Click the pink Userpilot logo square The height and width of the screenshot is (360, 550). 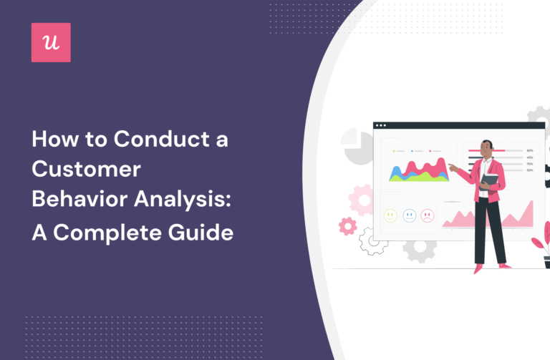[x=51, y=42]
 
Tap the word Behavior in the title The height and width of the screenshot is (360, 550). [x=77, y=201]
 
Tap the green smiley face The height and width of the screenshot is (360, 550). [x=390, y=215]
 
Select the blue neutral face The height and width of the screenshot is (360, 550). [x=409, y=215]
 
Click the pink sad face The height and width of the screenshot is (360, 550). [x=428, y=215]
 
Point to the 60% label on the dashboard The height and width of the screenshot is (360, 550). [x=529, y=151]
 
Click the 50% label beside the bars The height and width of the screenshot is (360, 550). [x=529, y=170]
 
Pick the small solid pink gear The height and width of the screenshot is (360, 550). [x=348, y=226]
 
